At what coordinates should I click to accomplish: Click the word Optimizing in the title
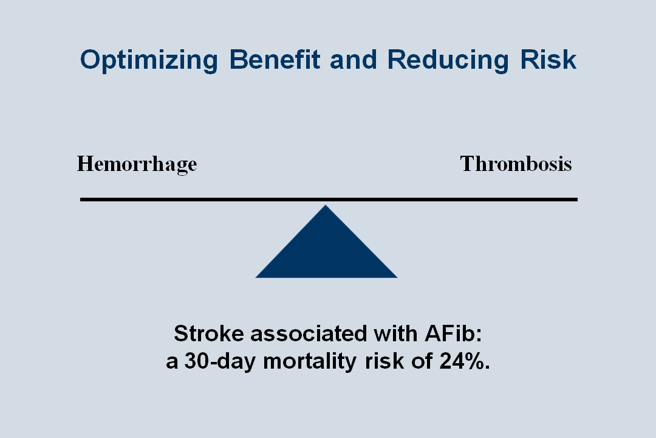[x=149, y=60]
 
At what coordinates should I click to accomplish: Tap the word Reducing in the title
[x=448, y=60]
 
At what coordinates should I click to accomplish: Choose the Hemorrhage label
[x=137, y=164]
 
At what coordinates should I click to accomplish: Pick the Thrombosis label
[x=516, y=164]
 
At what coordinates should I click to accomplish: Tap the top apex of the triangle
[x=326, y=205]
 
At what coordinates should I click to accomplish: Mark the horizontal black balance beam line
[x=329, y=200]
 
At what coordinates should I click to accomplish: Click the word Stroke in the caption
[x=209, y=333]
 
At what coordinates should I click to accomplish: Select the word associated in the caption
[x=309, y=333]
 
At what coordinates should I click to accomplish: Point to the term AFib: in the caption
[x=454, y=333]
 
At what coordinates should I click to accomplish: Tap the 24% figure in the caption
[x=465, y=361]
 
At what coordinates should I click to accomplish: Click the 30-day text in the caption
[x=220, y=361]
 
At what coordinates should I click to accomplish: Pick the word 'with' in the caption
[x=396, y=333]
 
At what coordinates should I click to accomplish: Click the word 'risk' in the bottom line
[x=384, y=361]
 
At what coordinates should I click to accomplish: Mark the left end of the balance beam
[x=80, y=200]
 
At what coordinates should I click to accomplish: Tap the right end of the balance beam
[x=578, y=200]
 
